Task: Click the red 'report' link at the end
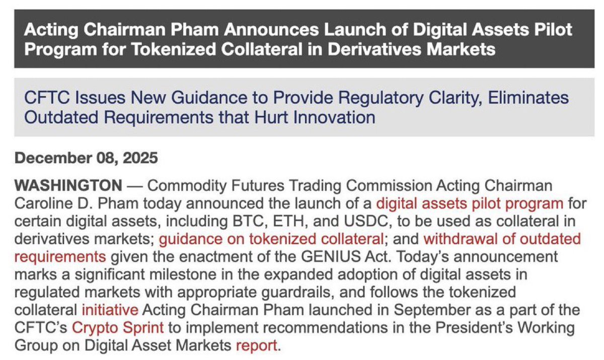pos(257,346)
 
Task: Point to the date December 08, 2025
pos(87,158)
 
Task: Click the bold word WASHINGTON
pos(68,186)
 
